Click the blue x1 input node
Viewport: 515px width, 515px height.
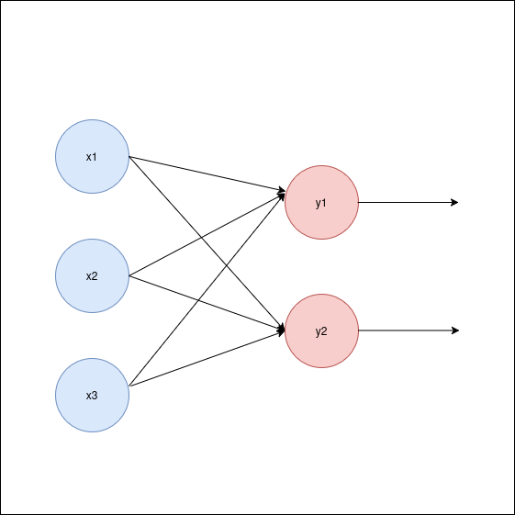[x=93, y=156]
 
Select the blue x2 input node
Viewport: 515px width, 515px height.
[x=93, y=276]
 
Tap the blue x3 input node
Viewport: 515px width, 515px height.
[x=93, y=395]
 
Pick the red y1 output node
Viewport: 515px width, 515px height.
[x=321, y=202]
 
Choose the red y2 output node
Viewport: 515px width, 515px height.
[x=321, y=330]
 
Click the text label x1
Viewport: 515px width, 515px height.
[x=92, y=157]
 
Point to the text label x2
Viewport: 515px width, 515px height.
[x=92, y=276]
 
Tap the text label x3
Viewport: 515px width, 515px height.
[x=92, y=396]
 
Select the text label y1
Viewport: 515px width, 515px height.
[x=321, y=203]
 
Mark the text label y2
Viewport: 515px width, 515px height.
[x=321, y=331]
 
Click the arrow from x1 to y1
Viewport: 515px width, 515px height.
[x=207, y=174]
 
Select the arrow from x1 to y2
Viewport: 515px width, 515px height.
[x=207, y=243]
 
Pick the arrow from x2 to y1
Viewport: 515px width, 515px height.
[x=207, y=235]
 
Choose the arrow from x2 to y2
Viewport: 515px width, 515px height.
[x=207, y=303]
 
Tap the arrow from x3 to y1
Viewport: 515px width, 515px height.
[x=207, y=290]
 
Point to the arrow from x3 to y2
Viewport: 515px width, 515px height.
[x=207, y=359]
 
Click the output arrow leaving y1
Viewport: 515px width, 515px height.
[x=408, y=202]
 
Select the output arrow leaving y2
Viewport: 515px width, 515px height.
[x=409, y=330]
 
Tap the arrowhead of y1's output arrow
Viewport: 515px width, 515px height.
[x=455, y=202]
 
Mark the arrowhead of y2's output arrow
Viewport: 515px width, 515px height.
[x=455, y=330]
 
